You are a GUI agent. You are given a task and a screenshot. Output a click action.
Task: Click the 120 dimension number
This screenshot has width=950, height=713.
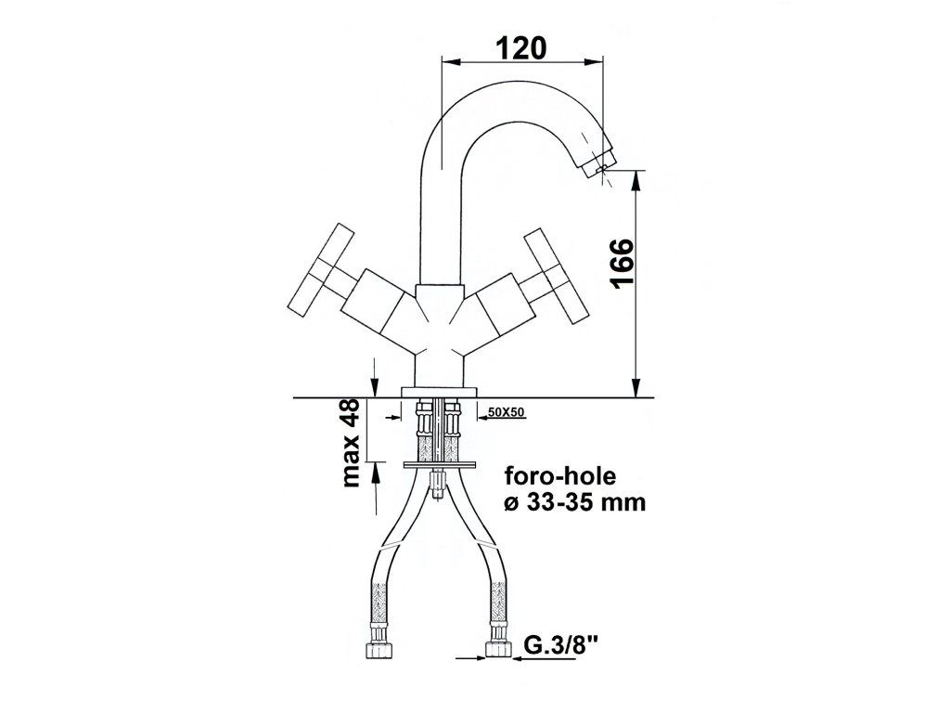click(521, 47)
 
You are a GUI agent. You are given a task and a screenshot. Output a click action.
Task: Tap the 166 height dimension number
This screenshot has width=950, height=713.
click(623, 263)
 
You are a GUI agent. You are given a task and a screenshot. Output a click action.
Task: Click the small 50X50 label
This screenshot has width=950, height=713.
click(506, 412)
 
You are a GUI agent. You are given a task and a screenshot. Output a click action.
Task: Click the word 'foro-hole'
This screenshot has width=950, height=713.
click(560, 476)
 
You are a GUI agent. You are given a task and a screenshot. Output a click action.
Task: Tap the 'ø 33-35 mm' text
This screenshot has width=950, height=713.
click(574, 502)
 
